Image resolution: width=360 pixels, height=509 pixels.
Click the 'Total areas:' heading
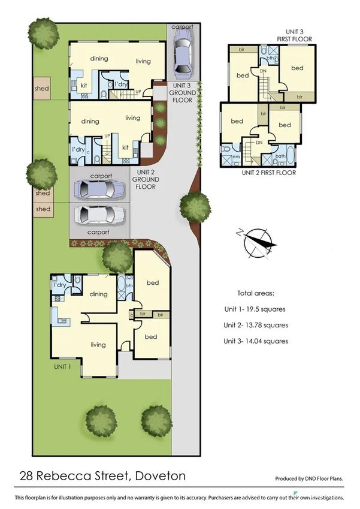click(255, 294)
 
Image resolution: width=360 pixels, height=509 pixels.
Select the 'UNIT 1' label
click(65, 366)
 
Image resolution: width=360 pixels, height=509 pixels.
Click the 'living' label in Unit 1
click(98, 345)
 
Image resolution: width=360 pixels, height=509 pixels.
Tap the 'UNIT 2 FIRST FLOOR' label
click(268, 173)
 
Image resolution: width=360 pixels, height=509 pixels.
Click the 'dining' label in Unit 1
click(99, 294)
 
